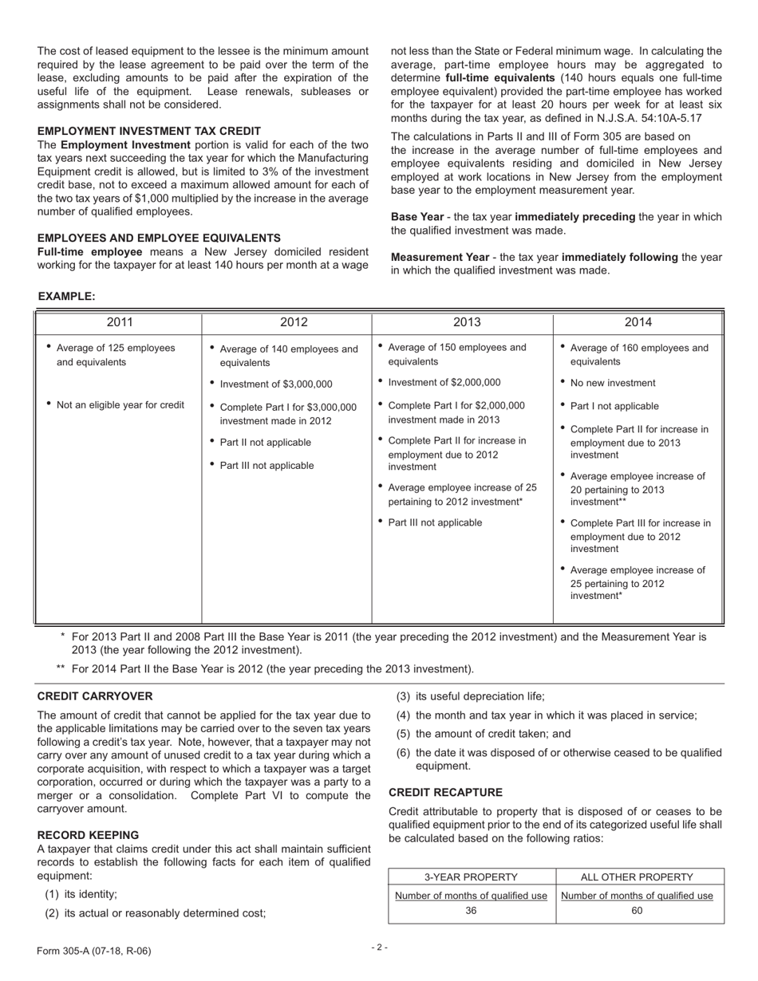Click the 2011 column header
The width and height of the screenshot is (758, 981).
(x=120, y=322)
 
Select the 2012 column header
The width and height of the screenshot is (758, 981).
(x=294, y=322)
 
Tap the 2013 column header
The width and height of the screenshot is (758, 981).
(x=467, y=322)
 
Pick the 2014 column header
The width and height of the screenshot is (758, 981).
(x=638, y=322)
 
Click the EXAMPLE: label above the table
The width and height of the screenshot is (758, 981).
(x=67, y=297)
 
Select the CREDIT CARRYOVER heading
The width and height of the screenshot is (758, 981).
(x=95, y=696)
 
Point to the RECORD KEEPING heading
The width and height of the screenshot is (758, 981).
(x=88, y=835)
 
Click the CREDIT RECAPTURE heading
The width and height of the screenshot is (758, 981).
(x=445, y=792)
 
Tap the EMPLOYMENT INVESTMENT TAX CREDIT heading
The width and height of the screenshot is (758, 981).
(x=149, y=131)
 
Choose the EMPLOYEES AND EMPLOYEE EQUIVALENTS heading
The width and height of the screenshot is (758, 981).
(x=159, y=238)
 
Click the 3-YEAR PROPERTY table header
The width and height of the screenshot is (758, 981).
(x=471, y=877)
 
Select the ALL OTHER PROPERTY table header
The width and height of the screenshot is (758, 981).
(x=637, y=877)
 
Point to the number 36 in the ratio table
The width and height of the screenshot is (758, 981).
(x=471, y=911)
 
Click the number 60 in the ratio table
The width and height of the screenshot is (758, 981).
(x=637, y=911)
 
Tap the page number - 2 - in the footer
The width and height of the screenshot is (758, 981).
(x=379, y=948)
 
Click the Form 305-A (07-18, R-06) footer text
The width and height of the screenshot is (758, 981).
(x=93, y=951)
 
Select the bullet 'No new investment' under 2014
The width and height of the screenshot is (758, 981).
(x=613, y=383)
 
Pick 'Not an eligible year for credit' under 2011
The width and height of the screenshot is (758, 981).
(x=120, y=405)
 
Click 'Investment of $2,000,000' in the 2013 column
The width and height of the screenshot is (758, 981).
(x=444, y=382)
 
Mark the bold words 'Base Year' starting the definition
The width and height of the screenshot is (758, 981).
(x=417, y=217)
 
